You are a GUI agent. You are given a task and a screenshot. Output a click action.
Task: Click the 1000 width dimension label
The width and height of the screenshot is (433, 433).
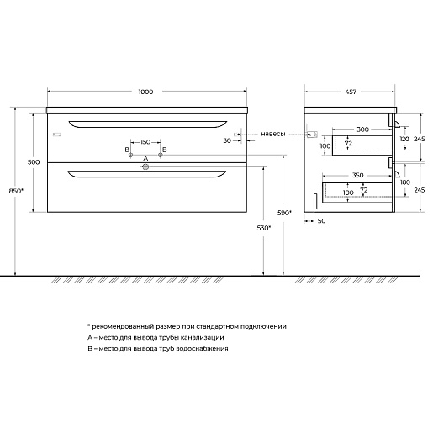145,92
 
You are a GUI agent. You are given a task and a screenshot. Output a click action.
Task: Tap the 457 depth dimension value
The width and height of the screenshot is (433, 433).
351,92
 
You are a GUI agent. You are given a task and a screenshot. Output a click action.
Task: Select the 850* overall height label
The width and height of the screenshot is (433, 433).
16,191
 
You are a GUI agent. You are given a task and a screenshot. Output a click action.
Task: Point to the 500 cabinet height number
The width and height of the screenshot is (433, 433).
34,162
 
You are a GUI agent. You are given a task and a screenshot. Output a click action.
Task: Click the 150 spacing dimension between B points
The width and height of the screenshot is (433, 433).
145,142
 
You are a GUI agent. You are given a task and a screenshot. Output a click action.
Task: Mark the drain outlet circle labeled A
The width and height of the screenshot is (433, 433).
145,167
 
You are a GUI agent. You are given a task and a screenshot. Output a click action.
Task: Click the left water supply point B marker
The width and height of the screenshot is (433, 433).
130,155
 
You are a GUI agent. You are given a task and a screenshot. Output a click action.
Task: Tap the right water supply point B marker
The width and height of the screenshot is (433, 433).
161,155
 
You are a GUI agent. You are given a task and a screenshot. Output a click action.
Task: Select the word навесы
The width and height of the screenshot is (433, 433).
273,134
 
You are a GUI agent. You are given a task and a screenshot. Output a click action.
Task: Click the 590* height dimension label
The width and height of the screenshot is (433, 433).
284,213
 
